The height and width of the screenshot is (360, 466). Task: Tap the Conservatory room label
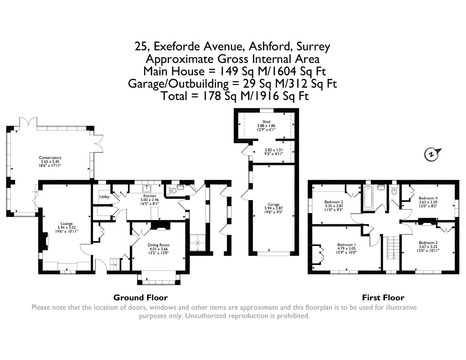pos(50,158)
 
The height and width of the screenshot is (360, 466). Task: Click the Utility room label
pos(104,197)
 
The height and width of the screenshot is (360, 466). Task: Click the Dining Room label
pos(158,245)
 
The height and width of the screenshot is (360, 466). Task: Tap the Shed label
pos(266,122)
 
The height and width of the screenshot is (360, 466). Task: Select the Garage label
pos(274,205)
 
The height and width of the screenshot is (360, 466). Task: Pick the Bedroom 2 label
pos(334,202)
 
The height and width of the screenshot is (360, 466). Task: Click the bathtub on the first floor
pos(368,199)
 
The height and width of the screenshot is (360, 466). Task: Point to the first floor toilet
pos(394,191)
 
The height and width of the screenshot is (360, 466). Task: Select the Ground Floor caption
pos(140,298)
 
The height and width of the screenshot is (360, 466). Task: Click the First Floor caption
pos(383,298)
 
